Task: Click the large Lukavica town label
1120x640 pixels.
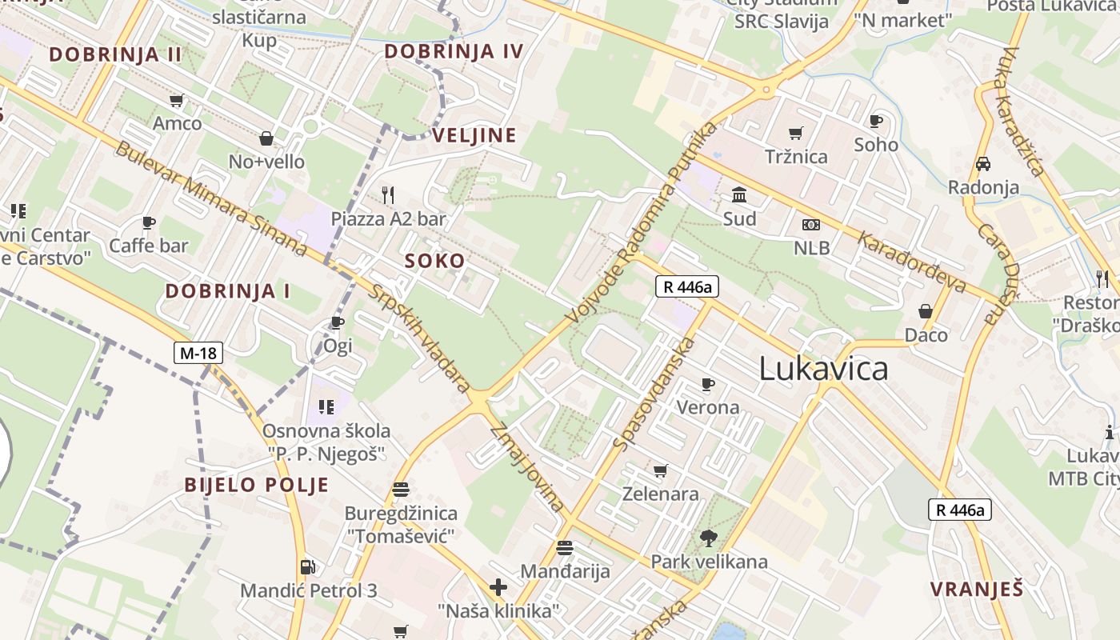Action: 823,369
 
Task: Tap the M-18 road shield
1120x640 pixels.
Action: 198,353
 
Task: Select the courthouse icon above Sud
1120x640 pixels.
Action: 739,195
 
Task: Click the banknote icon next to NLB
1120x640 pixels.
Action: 811,225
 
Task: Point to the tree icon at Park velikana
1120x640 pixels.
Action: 708,538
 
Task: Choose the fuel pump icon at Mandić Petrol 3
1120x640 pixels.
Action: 308,567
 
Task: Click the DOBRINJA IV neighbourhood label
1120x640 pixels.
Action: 454,52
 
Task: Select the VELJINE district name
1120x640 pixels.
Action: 474,135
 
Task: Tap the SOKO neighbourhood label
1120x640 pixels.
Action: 434,261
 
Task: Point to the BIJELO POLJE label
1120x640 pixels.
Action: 257,485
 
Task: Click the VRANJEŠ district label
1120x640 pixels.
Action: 976,590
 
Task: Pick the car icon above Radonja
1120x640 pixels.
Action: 983,164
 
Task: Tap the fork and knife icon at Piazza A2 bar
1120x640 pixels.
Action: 388,195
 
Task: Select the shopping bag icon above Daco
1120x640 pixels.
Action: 926,311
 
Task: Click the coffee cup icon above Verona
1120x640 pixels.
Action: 708,385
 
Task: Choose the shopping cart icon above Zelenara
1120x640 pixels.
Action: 660,470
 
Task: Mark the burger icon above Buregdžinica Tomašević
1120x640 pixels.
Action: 401,489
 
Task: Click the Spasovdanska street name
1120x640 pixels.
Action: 654,393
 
